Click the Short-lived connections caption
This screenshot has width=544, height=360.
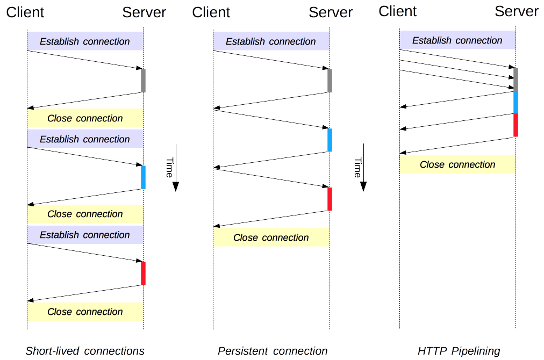tap(85, 351)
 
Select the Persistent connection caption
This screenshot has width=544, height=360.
tap(273, 351)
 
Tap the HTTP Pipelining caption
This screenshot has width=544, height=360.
tap(459, 351)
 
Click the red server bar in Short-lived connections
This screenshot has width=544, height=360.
tap(143, 273)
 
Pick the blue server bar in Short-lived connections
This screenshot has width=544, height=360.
tap(143, 177)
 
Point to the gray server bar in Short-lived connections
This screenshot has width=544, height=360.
tap(143, 81)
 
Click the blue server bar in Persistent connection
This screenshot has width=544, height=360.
tap(330, 140)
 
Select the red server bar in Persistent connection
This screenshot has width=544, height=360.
tap(330, 199)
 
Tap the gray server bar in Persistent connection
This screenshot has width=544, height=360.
tap(330, 81)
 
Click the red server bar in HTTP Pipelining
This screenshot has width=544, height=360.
tap(516, 125)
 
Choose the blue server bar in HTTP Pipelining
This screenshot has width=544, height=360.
tap(516, 102)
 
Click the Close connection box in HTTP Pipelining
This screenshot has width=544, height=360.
tap(457, 164)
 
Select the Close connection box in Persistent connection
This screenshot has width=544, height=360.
tap(271, 237)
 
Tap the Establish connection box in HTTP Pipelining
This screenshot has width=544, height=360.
tap(457, 40)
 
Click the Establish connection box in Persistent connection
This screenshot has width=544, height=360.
tap(271, 41)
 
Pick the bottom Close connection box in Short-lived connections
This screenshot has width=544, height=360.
tap(85, 312)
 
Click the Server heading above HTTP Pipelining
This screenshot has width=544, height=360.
tap(516, 11)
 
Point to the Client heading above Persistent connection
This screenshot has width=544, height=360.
tap(211, 12)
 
